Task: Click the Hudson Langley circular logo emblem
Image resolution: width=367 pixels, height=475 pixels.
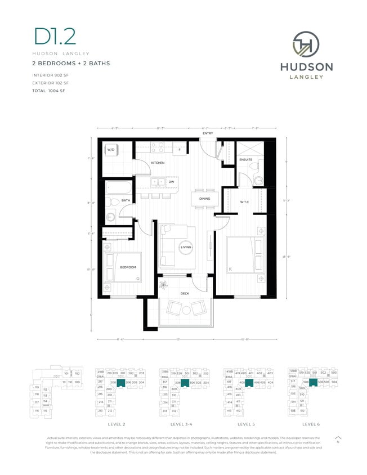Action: click(x=306, y=45)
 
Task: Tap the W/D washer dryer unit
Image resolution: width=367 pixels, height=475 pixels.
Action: click(x=111, y=150)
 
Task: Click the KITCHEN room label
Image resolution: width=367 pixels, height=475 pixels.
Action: click(x=157, y=163)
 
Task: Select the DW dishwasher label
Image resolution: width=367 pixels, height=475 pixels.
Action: click(x=171, y=182)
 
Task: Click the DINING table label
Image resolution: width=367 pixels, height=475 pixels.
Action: click(x=204, y=198)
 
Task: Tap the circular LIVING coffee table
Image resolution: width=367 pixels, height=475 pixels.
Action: click(x=186, y=248)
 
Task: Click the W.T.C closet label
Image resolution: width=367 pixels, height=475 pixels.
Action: click(x=245, y=202)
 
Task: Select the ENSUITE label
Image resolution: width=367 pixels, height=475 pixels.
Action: click(x=246, y=159)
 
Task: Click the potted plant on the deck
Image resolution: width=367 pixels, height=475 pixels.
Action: click(x=165, y=285)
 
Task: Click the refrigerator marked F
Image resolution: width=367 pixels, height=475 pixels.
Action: click(x=179, y=150)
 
